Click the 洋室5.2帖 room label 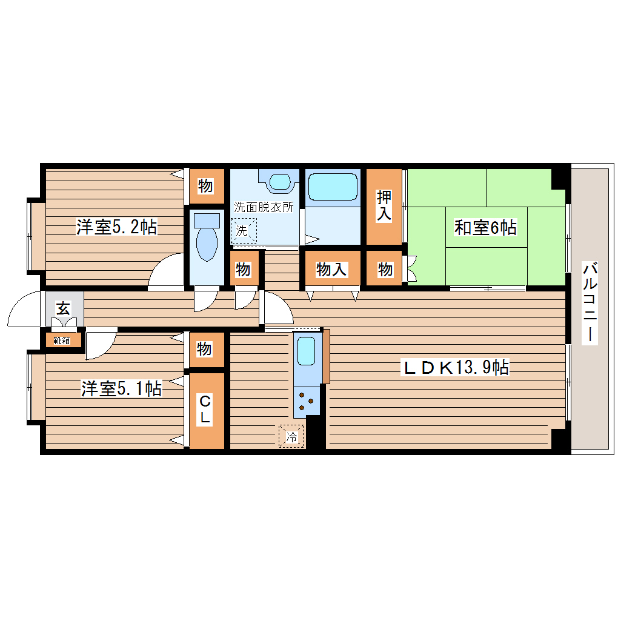pos(116,227)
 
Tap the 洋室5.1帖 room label pos(121,388)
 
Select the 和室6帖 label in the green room pos(485,228)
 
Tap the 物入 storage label pos(331,270)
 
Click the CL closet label pos(205,410)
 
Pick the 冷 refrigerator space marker pos(292,436)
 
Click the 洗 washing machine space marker pos(242,230)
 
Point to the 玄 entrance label pos(63,308)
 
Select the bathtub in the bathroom pos(332,187)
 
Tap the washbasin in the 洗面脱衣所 pos(279,181)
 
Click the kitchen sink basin pos(307,351)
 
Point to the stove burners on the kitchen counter pos(307,400)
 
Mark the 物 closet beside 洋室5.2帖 pos(205,187)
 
